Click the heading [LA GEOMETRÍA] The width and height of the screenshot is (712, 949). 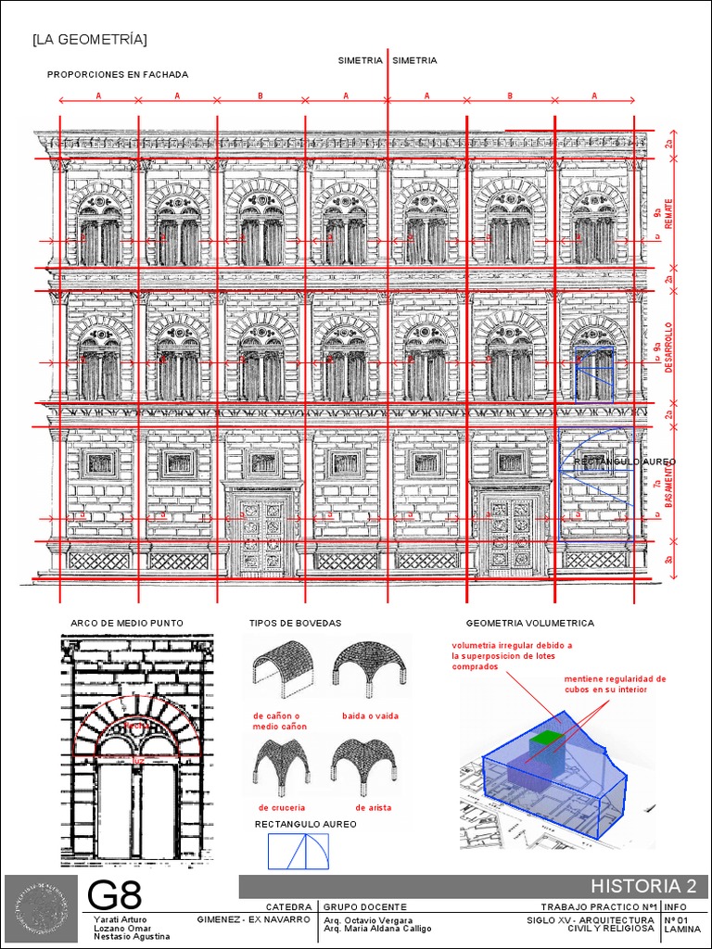pyautogui.click(x=89, y=39)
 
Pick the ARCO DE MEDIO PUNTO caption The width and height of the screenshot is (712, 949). pyautogui.click(x=127, y=623)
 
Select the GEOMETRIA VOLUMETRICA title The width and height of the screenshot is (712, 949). pyautogui.click(x=529, y=624)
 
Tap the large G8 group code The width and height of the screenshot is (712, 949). pyautogui.click(x=115, y=895)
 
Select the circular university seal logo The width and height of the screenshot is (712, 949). pyautogui.click(x=41, y=907)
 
